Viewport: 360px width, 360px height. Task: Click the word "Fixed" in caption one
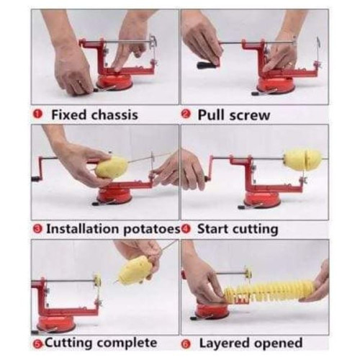68,114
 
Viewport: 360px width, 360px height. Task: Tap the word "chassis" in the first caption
114,114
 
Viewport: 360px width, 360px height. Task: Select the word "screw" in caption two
250,116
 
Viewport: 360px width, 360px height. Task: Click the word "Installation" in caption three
83,228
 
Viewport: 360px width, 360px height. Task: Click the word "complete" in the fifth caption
127,343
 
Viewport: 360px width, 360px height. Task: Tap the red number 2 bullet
186,114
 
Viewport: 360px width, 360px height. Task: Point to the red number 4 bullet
186,229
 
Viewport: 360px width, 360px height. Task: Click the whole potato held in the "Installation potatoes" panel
112,166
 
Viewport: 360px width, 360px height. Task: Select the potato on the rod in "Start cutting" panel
302,160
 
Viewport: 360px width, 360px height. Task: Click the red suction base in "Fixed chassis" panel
114,81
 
